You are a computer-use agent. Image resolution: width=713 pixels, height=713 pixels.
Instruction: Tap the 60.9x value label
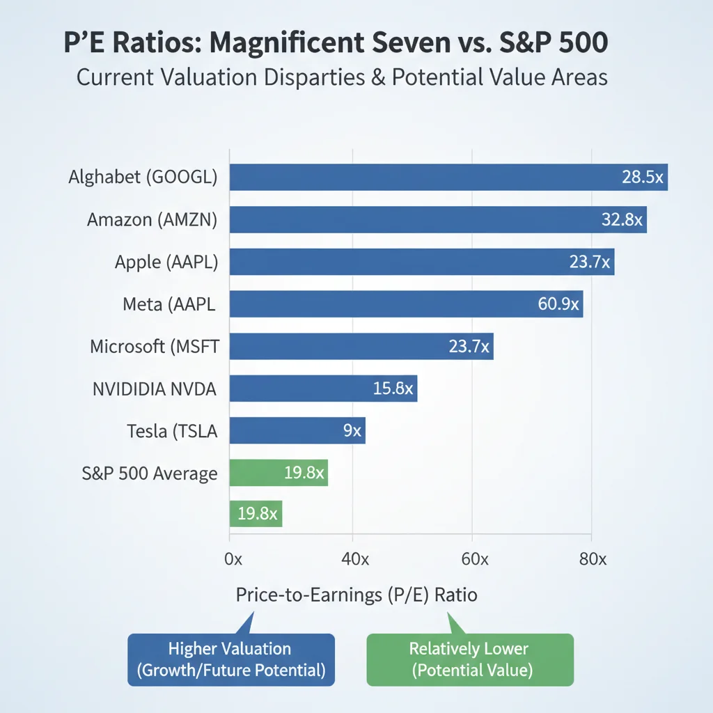(559, 304)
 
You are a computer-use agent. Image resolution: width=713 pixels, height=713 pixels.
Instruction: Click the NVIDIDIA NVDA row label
(154, 389)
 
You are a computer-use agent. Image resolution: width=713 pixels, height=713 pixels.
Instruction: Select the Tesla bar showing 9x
(297, 431)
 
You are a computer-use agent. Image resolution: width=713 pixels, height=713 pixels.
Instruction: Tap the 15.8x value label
(393, 389)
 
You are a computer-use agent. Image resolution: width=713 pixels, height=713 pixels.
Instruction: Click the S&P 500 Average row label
(149, 474)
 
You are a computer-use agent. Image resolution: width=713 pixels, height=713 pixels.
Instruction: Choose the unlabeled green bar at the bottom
(255, 515)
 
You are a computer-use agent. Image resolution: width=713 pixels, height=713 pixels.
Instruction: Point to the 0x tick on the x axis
(233, 559)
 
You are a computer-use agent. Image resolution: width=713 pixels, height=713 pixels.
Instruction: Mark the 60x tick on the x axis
(475, 559)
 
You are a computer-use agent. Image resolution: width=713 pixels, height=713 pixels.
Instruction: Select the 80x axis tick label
(593, 559)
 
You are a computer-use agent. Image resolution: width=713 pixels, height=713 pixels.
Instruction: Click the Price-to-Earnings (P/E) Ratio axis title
(356, 595)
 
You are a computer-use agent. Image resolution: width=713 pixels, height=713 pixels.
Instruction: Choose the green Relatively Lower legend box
(469, 659)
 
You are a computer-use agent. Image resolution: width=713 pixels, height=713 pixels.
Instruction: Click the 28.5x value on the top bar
(642, 177)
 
